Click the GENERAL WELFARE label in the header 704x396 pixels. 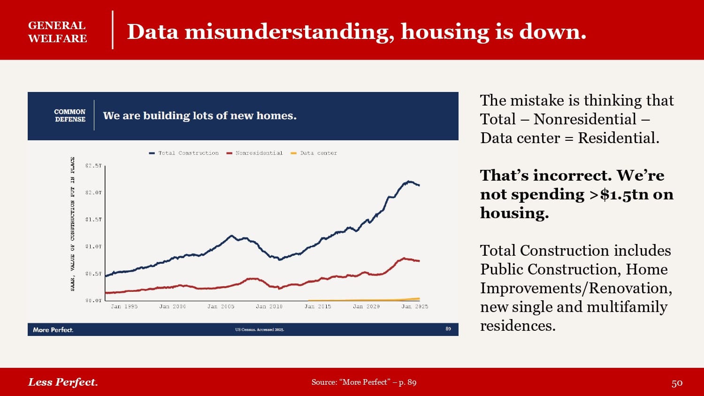(x=57, y=32)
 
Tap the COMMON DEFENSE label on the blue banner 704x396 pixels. (x=70, y=115)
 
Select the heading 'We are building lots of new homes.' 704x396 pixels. (x=199, y=116)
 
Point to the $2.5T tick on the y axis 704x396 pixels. (x=93, y=166)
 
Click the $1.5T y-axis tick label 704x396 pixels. (x=93, y=220)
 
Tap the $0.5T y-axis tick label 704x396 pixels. (x=93, y=274)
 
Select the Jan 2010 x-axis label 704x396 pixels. (x=269, y=306)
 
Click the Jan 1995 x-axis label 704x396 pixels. (x=124, y=306)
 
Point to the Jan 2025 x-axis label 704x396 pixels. (x=414, y=306)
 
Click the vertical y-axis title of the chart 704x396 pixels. (x=73, y=224)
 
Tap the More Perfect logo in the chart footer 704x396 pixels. (x=53, y=330)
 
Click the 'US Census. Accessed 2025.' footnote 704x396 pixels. (x=260, y=330)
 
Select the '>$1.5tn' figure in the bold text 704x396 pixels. (x=618, y=194)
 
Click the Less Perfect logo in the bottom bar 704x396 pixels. (x=63, y=382)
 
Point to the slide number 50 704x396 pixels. (x=677, y=383)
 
